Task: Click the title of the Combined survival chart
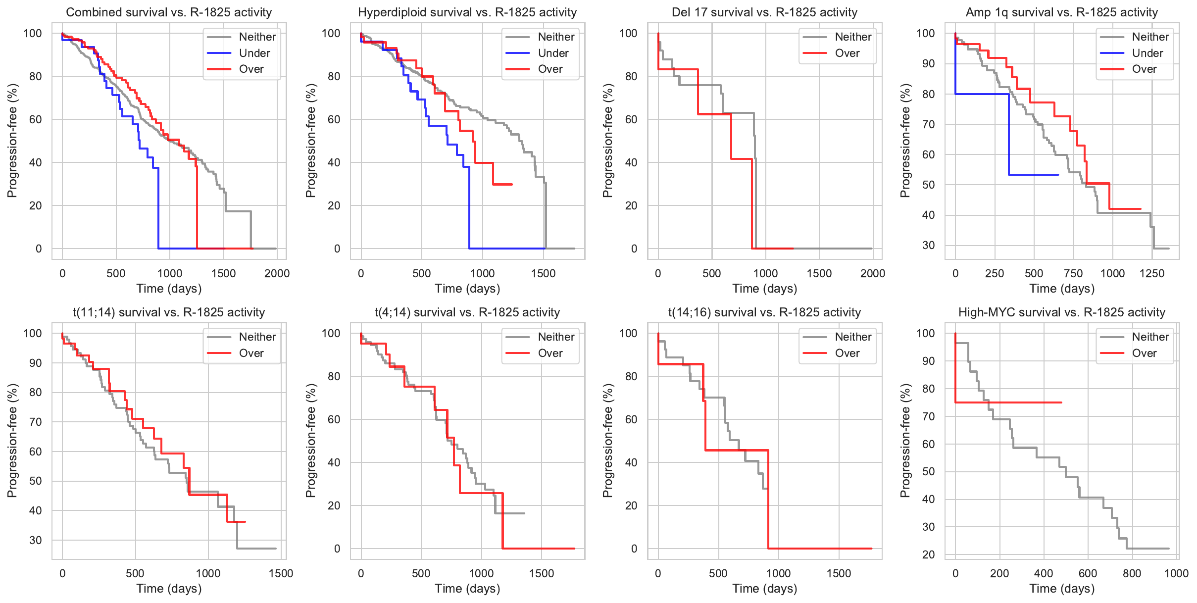(x=169, y=12)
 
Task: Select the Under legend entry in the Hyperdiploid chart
(x=553, y=53)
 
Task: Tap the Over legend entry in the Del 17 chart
(x=847, y=53)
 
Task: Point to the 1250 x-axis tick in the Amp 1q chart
(x=1152, y=273)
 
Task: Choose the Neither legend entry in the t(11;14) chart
(x=257, y=337)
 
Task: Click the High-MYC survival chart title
(x=1061, y=312)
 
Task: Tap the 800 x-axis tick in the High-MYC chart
(x=1132, y=573)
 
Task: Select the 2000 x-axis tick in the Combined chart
(x=277, y=273)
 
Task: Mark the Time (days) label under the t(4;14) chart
(x=467, y=589)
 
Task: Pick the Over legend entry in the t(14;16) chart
(x=847, y=353)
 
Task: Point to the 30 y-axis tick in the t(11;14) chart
(x=35, y=540)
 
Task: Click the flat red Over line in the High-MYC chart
(x=1010, y=402)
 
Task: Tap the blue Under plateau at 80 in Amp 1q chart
(x=983, y=94)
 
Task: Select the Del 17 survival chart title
(x=764, y=12)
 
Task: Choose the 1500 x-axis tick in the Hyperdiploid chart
(x=543, y=273)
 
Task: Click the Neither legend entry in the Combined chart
(x=257, y=37)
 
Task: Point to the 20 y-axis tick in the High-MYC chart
(x=928, y=554)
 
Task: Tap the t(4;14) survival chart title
(x=467, y=312)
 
